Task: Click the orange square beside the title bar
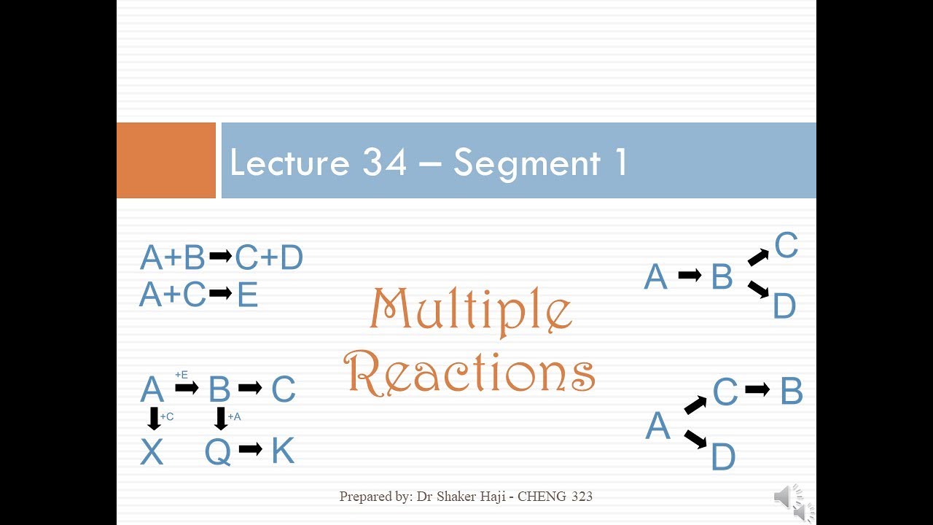(166, 160)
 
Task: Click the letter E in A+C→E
(248, 295)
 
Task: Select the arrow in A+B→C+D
(220, 257)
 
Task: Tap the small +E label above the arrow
(181, 375)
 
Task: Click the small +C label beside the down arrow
(167, 416)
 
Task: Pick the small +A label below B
(234, 416)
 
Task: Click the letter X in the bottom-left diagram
(152, 453)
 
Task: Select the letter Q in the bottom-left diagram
(218, 453)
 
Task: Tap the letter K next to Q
(283, 451)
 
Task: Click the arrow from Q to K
(250, 450)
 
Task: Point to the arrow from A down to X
(154, 419)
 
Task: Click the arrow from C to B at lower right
(757, 390)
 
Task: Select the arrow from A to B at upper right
(690, 276)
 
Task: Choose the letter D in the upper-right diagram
(784, 307)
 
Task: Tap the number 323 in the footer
(577, 497)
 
